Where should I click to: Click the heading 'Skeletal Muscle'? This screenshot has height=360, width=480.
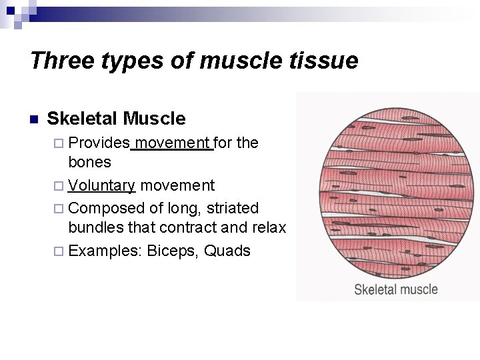coord(117,119)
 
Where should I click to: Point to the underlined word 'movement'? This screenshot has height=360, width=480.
coord(173,143)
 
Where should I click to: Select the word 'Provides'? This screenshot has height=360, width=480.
coord(99,143)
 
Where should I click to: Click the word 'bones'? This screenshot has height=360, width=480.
coord(90,162)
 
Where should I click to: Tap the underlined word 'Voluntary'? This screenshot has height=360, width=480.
coord(102,185)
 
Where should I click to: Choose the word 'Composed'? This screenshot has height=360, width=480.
coord(103,208)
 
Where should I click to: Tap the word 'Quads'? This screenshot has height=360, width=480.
coord(227,251)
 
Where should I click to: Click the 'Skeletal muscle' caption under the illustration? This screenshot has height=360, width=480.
coord(395,289)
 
